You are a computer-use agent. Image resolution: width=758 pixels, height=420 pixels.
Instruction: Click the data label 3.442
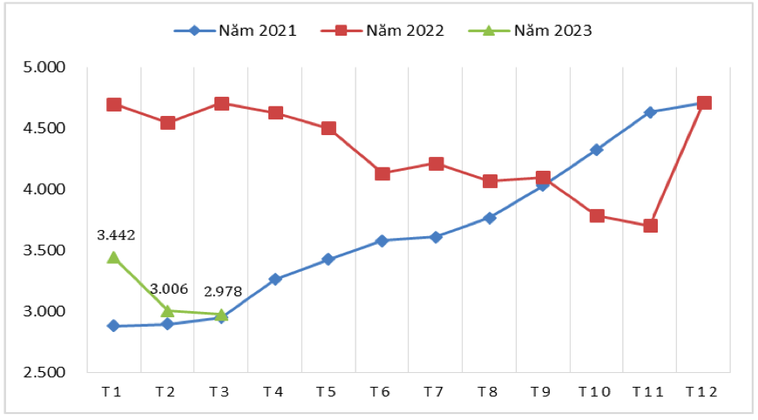(115, 235)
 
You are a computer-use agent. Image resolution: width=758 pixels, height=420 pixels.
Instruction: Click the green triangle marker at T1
(113, 257)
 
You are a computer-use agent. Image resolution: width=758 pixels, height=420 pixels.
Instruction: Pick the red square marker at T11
(650, 226)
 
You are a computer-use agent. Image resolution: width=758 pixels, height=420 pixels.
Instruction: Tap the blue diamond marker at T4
(274, 280)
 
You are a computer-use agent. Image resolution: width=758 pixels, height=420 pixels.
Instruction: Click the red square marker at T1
(113, 105)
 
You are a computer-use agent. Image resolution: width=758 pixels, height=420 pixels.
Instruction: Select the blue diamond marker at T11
(650, 112)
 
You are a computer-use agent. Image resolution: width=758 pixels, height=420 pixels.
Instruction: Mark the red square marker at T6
(382, 173)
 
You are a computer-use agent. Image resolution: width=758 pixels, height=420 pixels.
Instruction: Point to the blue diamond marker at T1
(113, 326)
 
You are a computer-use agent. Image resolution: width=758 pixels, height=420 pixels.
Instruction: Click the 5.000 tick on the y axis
(44, 67)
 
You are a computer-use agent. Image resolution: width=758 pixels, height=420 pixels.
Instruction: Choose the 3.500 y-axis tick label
(44, 251)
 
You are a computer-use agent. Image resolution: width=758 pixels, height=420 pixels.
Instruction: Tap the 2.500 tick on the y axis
(44, 373)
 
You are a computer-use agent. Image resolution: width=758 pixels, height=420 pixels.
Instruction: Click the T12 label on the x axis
(701, 393)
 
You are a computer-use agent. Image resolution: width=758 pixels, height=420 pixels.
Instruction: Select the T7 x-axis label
(433, 393)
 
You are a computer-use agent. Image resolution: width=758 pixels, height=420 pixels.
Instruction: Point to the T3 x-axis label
(220, 393)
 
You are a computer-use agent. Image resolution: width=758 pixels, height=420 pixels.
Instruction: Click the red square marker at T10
(597, 215)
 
